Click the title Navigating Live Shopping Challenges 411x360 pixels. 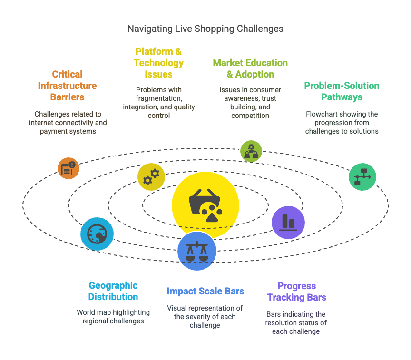(x=205, y=29)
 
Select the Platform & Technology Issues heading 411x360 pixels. (x=158, y=63)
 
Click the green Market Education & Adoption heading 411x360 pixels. (x=250, y=68)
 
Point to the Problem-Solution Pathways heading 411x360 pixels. (x=342, y=91)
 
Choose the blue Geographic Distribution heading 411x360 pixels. (x=113, y=291)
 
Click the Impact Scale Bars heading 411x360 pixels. (x=205, y=291)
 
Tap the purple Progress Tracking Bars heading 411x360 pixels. (x=297, y=292)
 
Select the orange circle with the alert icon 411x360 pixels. (x=68, y=168)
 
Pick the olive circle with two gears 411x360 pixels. (x=151, y=177)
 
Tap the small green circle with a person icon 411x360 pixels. (x=251, y=151)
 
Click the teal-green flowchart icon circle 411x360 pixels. (x=362, y=177)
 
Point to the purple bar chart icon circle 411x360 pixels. (x=288, y=222)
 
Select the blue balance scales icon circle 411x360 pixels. (x=197, y=251)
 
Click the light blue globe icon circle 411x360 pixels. (x=97, y=234)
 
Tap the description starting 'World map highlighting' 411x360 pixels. (x=113, y=317)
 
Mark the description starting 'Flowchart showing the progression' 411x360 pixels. (x=342, y=122)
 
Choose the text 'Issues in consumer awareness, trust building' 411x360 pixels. (x=250, y=102)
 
